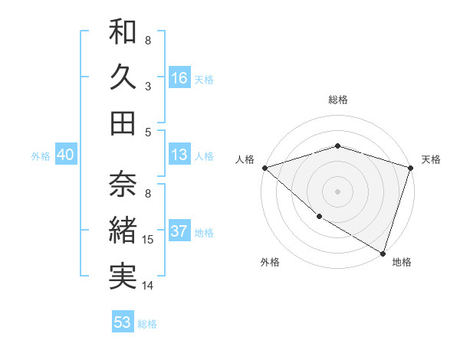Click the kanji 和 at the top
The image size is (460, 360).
pyautogui.click(x=123, y=31)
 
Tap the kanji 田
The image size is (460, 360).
pyautogui.click(x=123, y=123)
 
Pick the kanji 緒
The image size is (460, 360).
pyautogui.click(x=123, y=231)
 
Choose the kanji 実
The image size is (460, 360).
pyautogui.click(x=123, y=277)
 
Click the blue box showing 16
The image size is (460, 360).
pyautogui.click(x=179, y=77)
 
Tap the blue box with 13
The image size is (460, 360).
pyautogui.click(x=179, y=155)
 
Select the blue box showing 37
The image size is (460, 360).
pyautogui.click(x=179, y=231)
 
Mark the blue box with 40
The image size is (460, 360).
pyautogui.click(x=66, y=155)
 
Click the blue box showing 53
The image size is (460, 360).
pyautogui.click(x=123, y=322)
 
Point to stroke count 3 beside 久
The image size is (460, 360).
pyautogui.click(x=148, y=86)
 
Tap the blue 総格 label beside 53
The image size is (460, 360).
pyautogui.click(x=147, y=324)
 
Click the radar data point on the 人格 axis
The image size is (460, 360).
pyautogui.click(x=264, y=167)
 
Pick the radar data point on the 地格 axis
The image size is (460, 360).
pyautogui.click(x=383, y=253)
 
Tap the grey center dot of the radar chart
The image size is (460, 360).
pyautogui.click(x=337, y=191)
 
